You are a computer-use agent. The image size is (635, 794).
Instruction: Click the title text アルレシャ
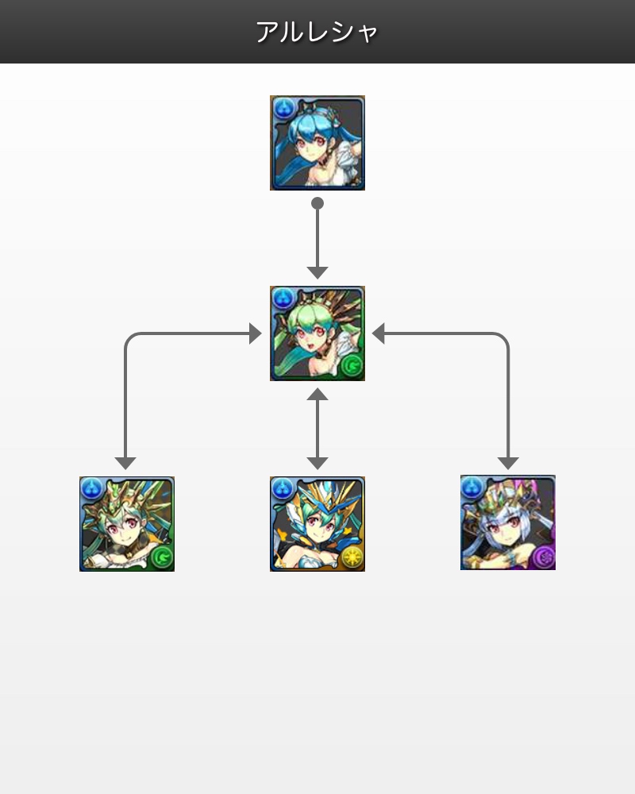[317, 33]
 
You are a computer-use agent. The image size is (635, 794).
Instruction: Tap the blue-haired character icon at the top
[317, 143]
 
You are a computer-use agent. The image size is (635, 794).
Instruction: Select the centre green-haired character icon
[317, 333]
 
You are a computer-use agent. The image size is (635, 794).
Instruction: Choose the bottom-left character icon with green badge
[127, 523]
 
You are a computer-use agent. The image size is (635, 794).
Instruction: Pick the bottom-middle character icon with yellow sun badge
[317, 523]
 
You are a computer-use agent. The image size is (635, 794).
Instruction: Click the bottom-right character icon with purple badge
[508, 522]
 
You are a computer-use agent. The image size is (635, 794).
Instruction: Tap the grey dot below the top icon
[317, 203]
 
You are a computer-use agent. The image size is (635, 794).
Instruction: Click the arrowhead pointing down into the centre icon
[317, 272]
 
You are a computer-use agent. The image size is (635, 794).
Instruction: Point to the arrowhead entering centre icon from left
[256, 333]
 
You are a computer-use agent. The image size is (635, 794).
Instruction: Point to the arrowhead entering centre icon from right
[379, 333]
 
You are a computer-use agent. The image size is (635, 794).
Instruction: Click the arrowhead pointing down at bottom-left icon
[125, 463]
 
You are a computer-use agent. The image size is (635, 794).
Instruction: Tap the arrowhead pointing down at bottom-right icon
[508, 463]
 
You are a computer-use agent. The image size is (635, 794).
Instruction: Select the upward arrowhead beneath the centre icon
[317, 394]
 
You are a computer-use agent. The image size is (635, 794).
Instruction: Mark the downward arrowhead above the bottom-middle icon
[317, 463]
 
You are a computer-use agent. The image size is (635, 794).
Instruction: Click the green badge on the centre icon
[352, 366]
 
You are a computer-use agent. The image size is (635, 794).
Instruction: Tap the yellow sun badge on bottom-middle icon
[352, 557]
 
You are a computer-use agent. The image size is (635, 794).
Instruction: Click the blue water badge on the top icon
[283, 109]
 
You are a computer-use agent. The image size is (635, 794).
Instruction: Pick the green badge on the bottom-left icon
[162, 557]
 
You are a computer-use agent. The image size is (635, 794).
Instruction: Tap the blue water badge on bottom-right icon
[472, 488]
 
